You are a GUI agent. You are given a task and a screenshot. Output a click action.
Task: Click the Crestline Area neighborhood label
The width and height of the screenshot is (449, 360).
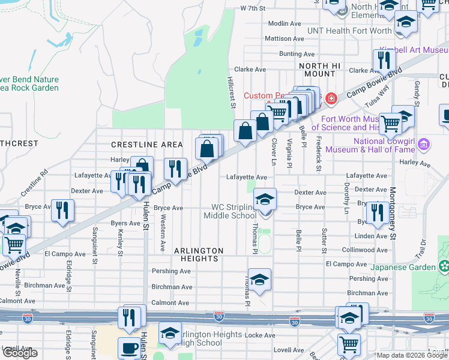(x=147, y=145)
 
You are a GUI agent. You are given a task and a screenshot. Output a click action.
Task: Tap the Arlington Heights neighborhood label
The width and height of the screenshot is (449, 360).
(x=199, y=254)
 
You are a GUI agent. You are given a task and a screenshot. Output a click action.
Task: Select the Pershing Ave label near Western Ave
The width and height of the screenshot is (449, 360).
(x=171, y=271)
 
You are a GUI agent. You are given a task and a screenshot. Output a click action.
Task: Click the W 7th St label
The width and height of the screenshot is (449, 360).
(x=252, y=8)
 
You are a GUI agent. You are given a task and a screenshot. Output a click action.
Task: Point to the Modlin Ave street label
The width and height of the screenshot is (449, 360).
(x=285, y=23)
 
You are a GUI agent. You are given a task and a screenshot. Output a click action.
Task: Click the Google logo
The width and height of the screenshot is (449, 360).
(x=20, y=353)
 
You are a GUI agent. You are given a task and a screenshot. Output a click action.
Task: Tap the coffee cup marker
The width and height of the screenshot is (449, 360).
(x=129, y=347)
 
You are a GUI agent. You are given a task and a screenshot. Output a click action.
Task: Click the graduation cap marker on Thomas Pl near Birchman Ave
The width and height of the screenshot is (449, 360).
(x=259, y=280)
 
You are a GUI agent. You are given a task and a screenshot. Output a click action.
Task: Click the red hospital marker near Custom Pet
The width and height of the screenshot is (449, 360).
(x=330, y=98)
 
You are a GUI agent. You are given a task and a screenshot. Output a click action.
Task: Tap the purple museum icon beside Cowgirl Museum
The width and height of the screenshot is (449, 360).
(x=424, y=144)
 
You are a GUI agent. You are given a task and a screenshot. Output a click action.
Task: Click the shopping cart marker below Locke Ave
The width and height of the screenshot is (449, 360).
(x=348, y=344)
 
